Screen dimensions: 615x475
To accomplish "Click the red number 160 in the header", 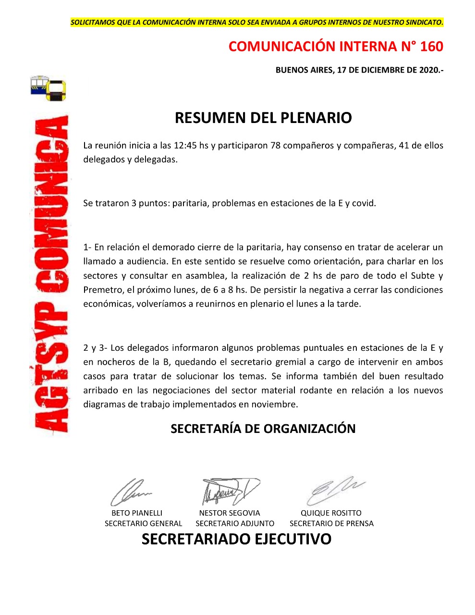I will (x=431, y=47).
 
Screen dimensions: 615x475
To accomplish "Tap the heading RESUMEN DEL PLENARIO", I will (x=263, y=118).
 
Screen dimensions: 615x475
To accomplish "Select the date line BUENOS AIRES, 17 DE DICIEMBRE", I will (x=359, y=70).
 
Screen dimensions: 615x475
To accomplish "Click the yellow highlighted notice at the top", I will (x=256, y=22).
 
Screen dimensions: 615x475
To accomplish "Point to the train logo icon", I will (x=48, y=87).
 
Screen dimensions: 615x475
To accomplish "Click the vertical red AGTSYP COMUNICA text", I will (x=50, y=274).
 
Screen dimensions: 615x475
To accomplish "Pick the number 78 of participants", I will (x=275, y=145).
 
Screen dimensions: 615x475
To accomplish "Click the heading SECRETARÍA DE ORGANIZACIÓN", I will (x=263, y=429).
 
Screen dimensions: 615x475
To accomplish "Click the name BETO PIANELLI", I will (x=137, y=513).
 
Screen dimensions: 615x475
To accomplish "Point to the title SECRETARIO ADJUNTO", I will (x=235, y=524).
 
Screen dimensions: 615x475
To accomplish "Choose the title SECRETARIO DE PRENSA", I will (x=331, y=524).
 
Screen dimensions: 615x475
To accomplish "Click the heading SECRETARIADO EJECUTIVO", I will (x=236, y=539).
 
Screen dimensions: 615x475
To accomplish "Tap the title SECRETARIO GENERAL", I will (x=143, y=524).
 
